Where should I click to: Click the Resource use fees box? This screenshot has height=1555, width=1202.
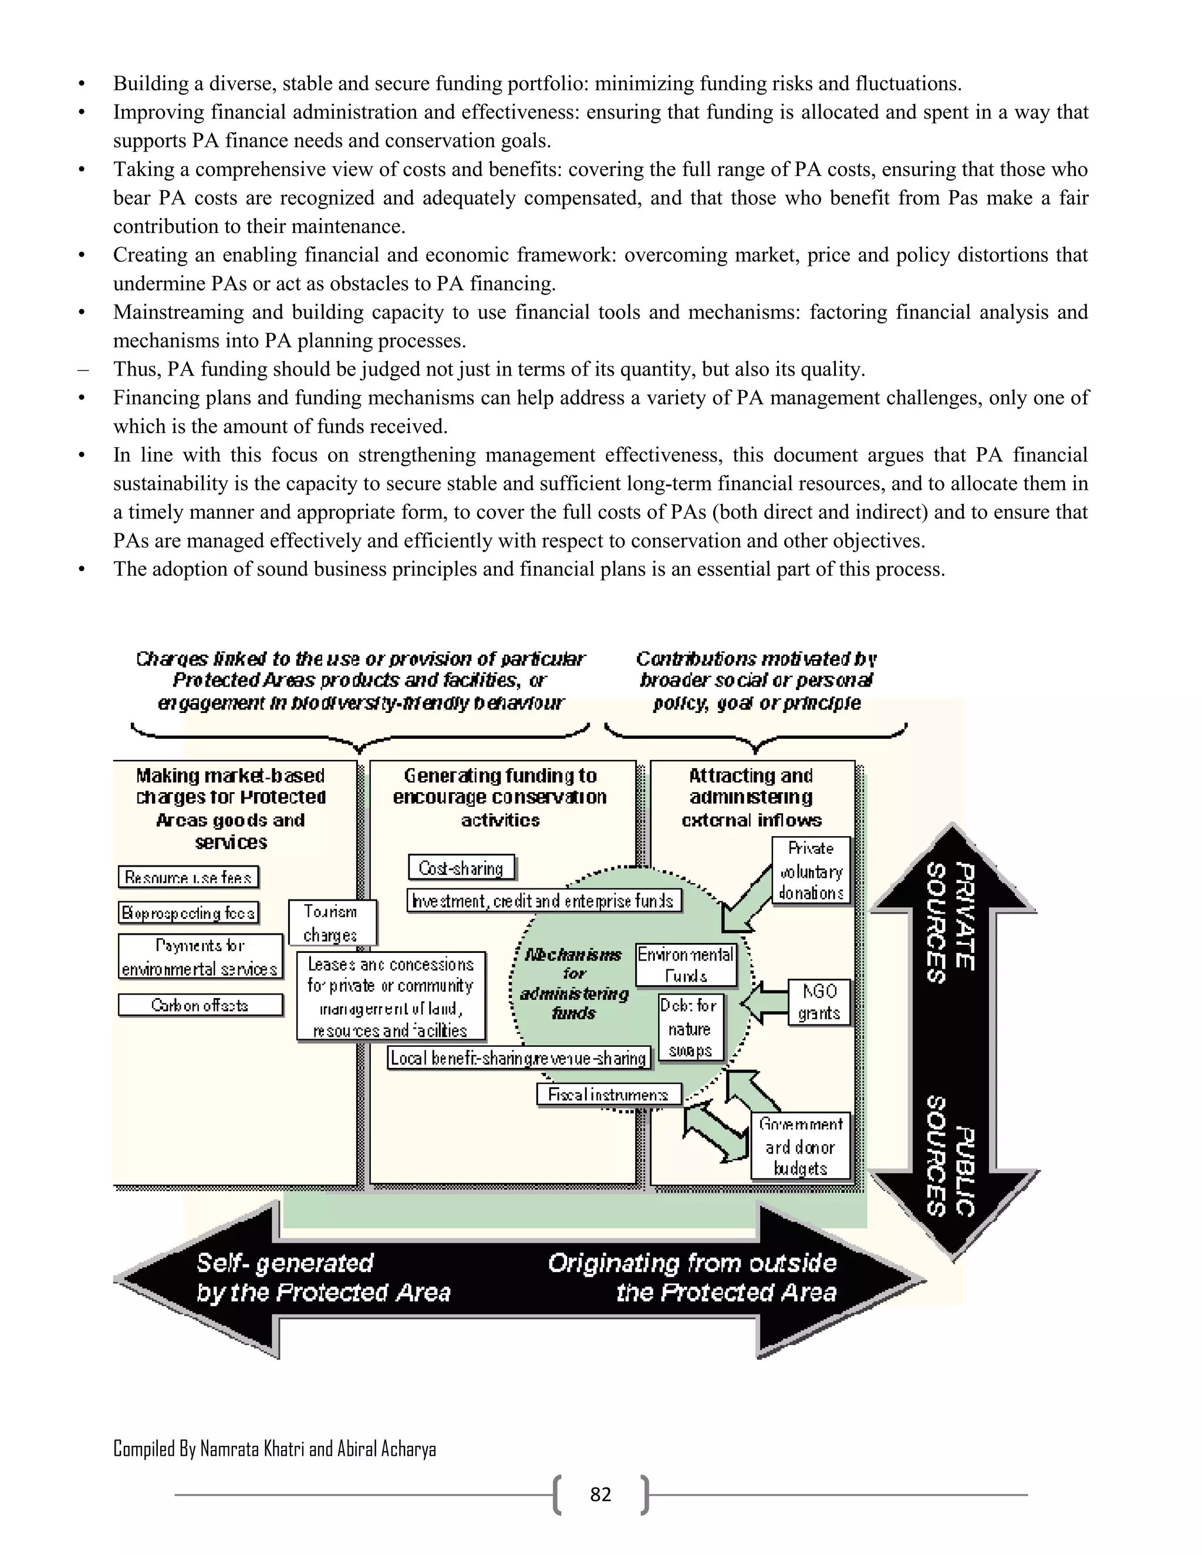point(188,877)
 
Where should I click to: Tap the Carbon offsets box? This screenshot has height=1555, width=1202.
point(200,1005)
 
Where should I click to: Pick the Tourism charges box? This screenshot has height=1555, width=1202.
point(331,923)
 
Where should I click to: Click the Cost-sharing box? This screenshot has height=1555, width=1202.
point(461,868)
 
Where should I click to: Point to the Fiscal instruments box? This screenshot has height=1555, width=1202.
point(608,1094)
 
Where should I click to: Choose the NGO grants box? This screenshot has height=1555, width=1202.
point(819,1002)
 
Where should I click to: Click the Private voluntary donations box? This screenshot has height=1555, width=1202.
point(811,870)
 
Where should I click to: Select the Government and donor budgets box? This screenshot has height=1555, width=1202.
point(801,1147)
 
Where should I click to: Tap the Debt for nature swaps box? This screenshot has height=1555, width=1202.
point(690,1028)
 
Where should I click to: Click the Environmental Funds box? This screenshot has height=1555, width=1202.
point(685,965)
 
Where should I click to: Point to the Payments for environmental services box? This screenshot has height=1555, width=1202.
point(200,957)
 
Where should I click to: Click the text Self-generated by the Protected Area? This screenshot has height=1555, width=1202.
point(323,1277)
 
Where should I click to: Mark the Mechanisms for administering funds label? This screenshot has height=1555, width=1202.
point(574,983)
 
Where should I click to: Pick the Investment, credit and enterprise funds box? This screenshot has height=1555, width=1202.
point(544,901)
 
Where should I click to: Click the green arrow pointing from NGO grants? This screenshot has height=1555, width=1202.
point(764,1002)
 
